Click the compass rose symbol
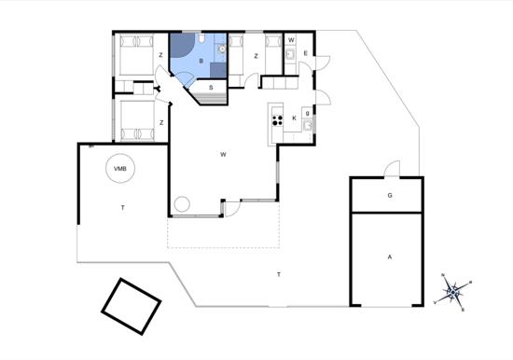454,292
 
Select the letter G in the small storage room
390,197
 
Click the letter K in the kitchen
295,118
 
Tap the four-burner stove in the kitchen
276,118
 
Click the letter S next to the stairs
212,88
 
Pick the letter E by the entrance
306,54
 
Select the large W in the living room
224,154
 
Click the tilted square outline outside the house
132,305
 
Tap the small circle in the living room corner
182,203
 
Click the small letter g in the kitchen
307,113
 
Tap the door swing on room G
393,170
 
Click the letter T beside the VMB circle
122,206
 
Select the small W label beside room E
291,41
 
